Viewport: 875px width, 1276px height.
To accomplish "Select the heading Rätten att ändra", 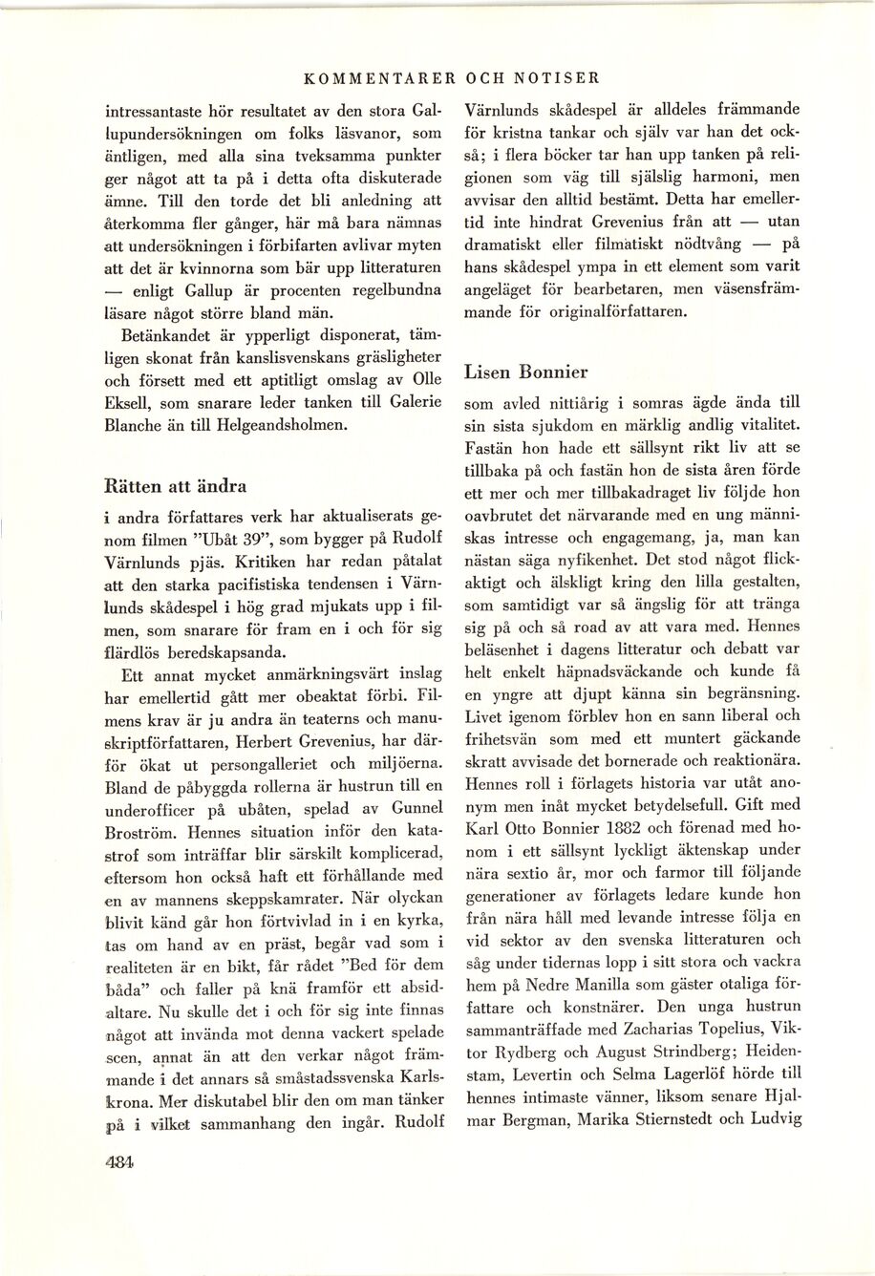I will [175, 485].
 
